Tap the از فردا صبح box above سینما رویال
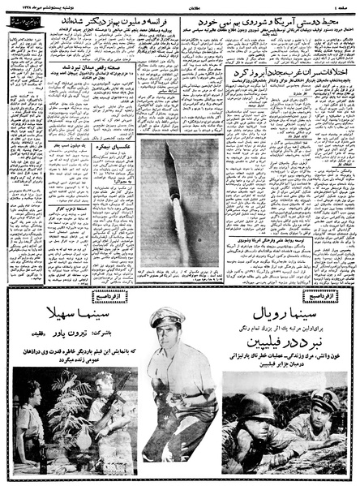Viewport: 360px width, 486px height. [x=319, y=295]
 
